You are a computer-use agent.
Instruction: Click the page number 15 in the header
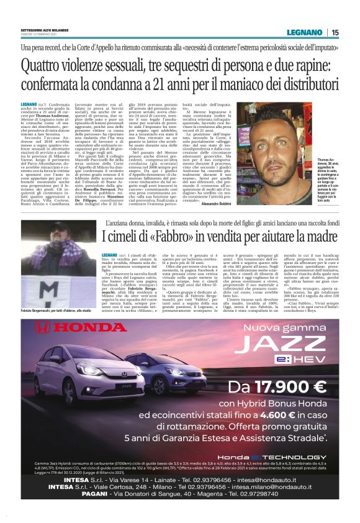pos(335,32)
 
